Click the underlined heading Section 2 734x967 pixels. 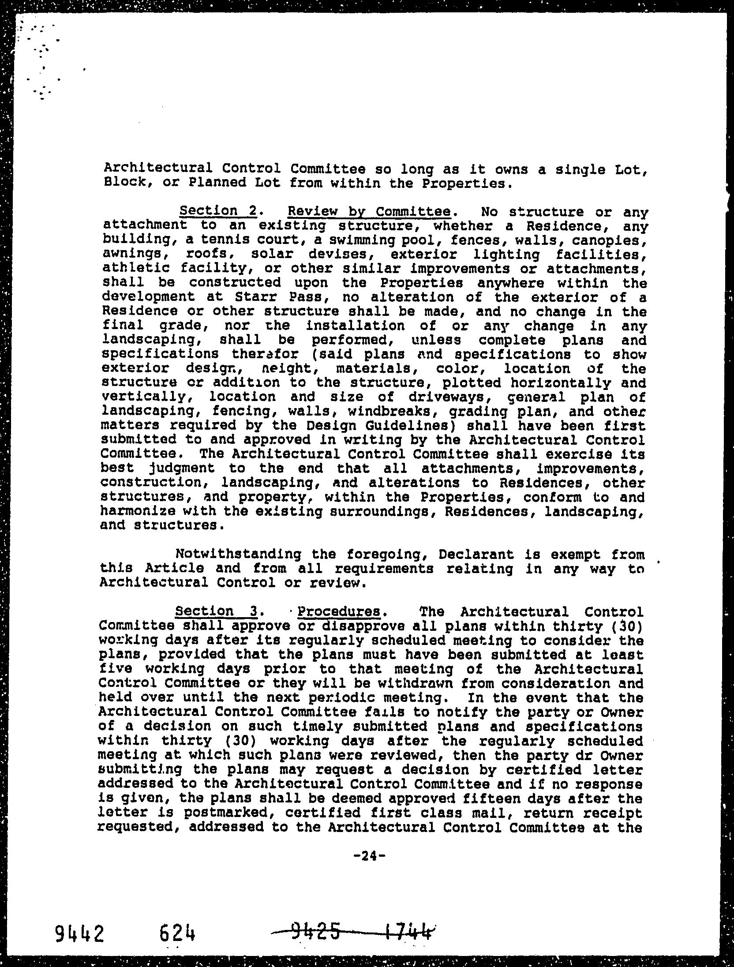pos(218,211)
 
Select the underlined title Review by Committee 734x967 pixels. pos(369,212)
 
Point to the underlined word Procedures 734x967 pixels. pos(338,612)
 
